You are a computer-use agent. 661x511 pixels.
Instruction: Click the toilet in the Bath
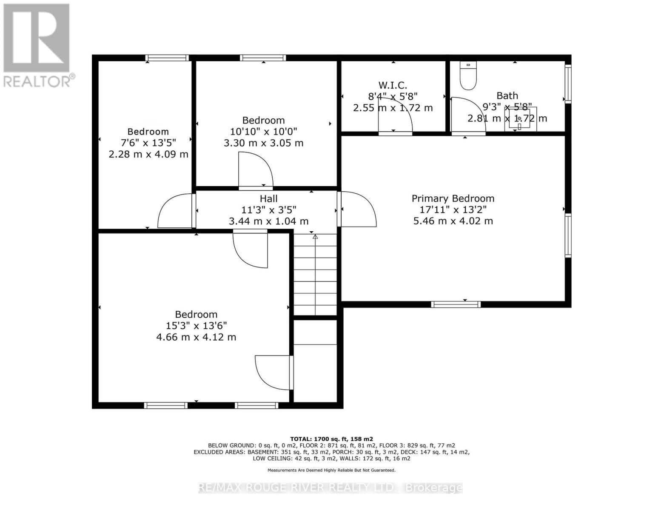(x=468, y=76)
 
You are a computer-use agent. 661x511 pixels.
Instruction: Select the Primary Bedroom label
(x=453, y=198)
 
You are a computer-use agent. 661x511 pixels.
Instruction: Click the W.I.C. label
(x=393, y=85)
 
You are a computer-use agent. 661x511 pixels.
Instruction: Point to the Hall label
(x=268, y=198)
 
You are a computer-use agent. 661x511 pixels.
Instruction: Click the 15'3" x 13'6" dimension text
(x=196, y=326)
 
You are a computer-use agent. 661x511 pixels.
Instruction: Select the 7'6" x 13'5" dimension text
(x=148, y=143)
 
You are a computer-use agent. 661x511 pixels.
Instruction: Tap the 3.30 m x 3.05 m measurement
(x=263, y=143)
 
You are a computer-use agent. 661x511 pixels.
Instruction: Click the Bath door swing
(x=467, y=115)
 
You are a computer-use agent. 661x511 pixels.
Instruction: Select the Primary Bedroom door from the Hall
(x=357, y=209)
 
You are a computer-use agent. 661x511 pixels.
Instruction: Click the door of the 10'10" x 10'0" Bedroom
(x=255, y=170)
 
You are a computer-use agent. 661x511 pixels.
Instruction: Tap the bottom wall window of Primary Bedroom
(x=456, y=304)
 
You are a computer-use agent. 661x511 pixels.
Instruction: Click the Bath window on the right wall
(x=568, y=84)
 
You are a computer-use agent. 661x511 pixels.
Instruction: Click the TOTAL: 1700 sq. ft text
(x=331, y=439)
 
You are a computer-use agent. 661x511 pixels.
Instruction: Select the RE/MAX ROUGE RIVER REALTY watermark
(x=330, y=488)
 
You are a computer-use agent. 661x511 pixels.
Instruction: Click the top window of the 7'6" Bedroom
(x=167, y=58)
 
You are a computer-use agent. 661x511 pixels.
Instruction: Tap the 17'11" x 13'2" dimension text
(x=453, y=210)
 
